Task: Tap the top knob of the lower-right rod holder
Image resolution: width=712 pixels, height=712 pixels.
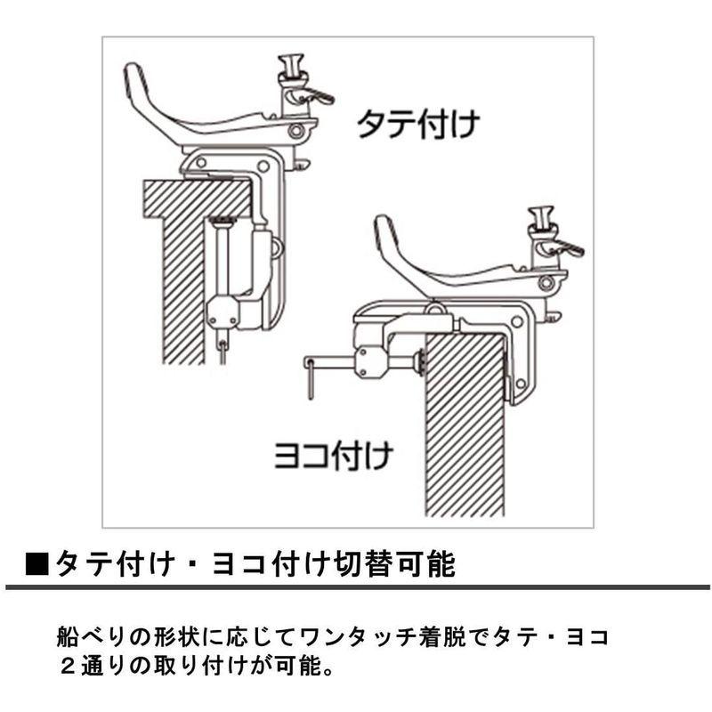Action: pos(540,215)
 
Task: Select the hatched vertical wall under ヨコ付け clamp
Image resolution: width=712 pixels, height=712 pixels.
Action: pos(465,427)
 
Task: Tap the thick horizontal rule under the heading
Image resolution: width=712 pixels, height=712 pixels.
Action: pos(356,587)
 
